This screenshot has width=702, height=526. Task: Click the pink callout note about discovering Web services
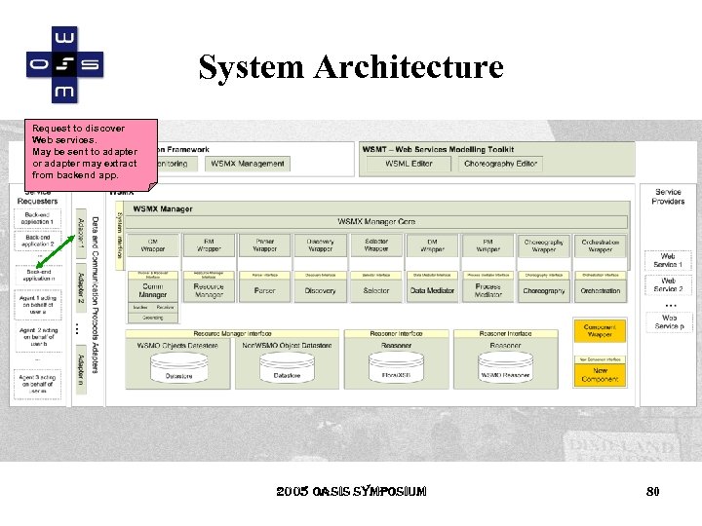[91, 152]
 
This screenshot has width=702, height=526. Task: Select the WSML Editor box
[409, 164]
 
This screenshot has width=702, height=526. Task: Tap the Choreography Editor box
[501, 164]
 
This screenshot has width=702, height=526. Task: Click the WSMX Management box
[248, 164]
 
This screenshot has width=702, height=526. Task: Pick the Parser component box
[264, 290]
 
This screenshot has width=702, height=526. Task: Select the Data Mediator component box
[432, 290]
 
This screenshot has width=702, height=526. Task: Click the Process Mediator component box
[487, 289]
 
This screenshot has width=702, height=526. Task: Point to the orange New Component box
[600, 374]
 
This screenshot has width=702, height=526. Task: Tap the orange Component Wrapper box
[600, 332]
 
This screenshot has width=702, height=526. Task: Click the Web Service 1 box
[668, 261]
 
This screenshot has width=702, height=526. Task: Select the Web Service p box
[668, 321]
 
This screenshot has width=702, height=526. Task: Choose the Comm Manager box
[153, 289]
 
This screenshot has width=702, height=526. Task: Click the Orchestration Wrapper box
[600, 245]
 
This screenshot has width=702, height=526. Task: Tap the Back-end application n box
[38, 276]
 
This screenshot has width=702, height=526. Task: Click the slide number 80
[653, 492]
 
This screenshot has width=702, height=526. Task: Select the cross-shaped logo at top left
[63, 64]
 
